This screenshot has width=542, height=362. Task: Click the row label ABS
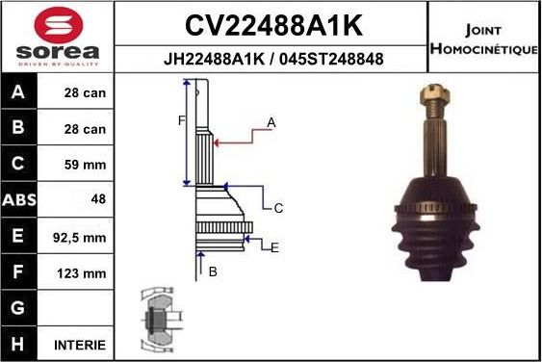(x=19, y=200)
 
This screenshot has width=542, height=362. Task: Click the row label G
(x=19, y=308)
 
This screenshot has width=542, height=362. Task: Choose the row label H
(x=19, y=344)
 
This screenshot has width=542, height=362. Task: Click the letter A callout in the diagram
(x=271, y=122)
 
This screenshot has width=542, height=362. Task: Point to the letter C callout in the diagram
(x=277, y=207)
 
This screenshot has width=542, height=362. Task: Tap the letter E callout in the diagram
(x=274, y=247)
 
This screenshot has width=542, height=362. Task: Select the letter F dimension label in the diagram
(x=180, y=120)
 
